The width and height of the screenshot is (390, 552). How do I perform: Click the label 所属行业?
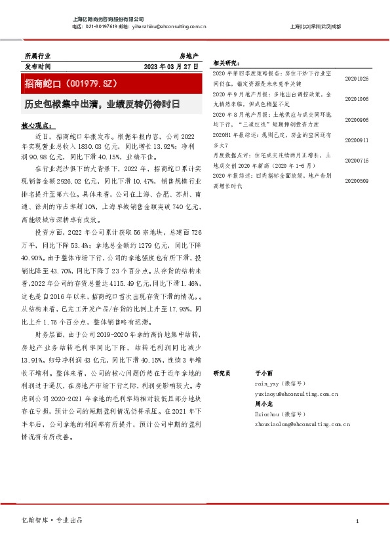click(37, 57)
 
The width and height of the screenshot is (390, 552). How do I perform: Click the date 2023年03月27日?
click(171, 67)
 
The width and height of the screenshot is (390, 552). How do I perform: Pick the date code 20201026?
click(357, 79)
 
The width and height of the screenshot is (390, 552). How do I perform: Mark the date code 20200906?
click(357, 120)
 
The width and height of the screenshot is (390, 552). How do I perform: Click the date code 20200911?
click(357, 140)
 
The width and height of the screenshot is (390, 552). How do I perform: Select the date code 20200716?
click(357, 161)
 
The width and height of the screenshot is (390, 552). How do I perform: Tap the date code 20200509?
click(357, 180)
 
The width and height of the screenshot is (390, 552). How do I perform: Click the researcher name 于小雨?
click(262, 372)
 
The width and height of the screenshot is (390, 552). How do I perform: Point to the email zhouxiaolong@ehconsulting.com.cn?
click(302, 425)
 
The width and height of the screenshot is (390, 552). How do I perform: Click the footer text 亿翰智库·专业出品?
click(53, 520)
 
